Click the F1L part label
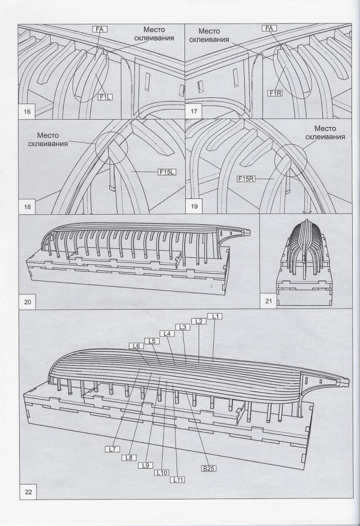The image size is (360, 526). tap(105, 97)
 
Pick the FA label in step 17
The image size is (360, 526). tap(269, 28)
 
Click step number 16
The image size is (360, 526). tap(27, 111)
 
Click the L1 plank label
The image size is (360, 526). tap(215, 316)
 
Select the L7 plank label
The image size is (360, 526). tap(111, 449)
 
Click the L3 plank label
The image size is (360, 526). tap(182, 327)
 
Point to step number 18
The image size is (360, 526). tap(27, 207)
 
